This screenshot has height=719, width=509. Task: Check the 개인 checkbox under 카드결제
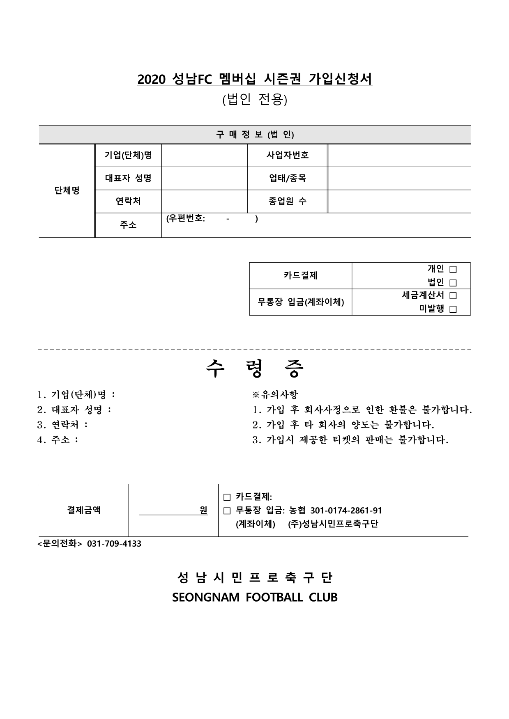click(x=453, y=270)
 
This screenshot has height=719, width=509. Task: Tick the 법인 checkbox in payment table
click(x=453, y=283)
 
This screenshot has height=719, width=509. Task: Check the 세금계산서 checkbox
click(x=453, y=295)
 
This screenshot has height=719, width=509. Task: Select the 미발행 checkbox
click(x=453, y=309)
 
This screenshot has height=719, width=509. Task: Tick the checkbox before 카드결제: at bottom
click(x=227, y=497)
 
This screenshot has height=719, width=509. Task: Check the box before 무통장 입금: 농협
click(x=227, y=511)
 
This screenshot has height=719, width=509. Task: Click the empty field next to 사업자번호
click(x=399, y=155)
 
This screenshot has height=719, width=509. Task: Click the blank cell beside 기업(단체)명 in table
click(x=204, y=155)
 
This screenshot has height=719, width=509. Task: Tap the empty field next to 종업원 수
click(x=399, y=201)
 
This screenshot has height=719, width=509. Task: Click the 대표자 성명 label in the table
click(x=128, y=178)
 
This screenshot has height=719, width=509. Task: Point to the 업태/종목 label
click(x=287, y=178)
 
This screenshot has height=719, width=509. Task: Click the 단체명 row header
click(x=67, y=190)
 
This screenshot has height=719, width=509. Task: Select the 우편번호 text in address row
click(x=186, y=219)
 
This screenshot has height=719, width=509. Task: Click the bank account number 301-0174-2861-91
click(x=346, y=511)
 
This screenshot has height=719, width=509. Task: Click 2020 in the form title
click(x=151, y=80)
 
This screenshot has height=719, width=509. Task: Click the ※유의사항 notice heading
click(x=275, y=395)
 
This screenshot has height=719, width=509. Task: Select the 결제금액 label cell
click(x=84, y=511)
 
